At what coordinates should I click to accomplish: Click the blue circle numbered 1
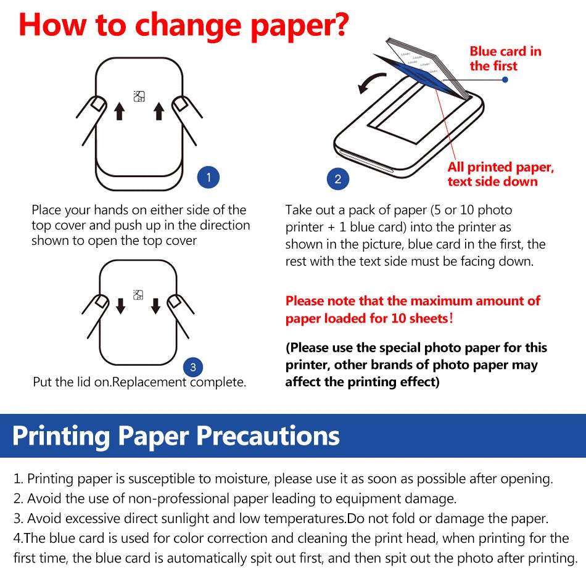208,178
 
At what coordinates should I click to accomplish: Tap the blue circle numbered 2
337,180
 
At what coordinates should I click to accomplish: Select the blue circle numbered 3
193,368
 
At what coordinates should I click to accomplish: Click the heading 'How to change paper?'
183,25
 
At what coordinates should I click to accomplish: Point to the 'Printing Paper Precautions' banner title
176,435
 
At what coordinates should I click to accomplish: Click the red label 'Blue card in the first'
505,59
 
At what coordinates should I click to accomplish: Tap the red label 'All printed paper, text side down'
500,174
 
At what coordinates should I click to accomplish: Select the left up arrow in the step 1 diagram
120,111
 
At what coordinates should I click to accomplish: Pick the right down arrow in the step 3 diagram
155,305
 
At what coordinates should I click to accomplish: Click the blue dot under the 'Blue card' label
505,80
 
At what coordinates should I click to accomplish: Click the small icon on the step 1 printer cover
139,96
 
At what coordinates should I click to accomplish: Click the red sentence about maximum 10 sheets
412,310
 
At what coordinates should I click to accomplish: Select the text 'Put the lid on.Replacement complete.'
139,382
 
